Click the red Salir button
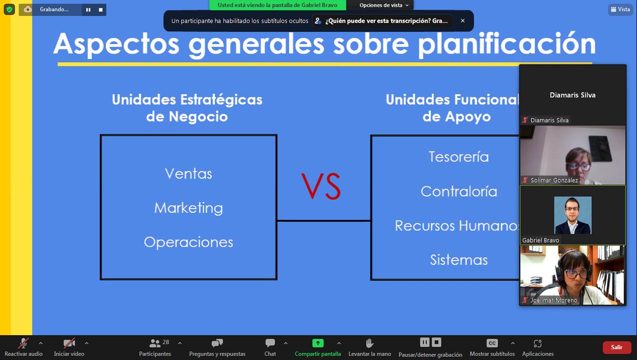tap(616, 347)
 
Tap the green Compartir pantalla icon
tap(317, 343)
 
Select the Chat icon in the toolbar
tap(270, 343)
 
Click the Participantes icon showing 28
tap(155, 343)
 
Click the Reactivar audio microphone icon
tap(23, 343)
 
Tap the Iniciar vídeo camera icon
tap(69, 343)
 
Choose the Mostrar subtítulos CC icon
tap(492, 343)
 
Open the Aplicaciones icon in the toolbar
tap(538, 343)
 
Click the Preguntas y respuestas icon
tap(217, 343)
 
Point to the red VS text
tap(321, 186)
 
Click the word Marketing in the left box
tap(188, 208)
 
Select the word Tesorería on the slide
tap(459, 157)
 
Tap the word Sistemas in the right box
tap(459, 260)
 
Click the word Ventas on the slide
tap(188, 174)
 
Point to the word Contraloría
tap(459, 191)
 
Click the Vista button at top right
tap(619, 9)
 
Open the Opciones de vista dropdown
tap(384, 5)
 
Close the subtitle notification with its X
tap(462, 21)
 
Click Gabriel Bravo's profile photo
tap(573, 215)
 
